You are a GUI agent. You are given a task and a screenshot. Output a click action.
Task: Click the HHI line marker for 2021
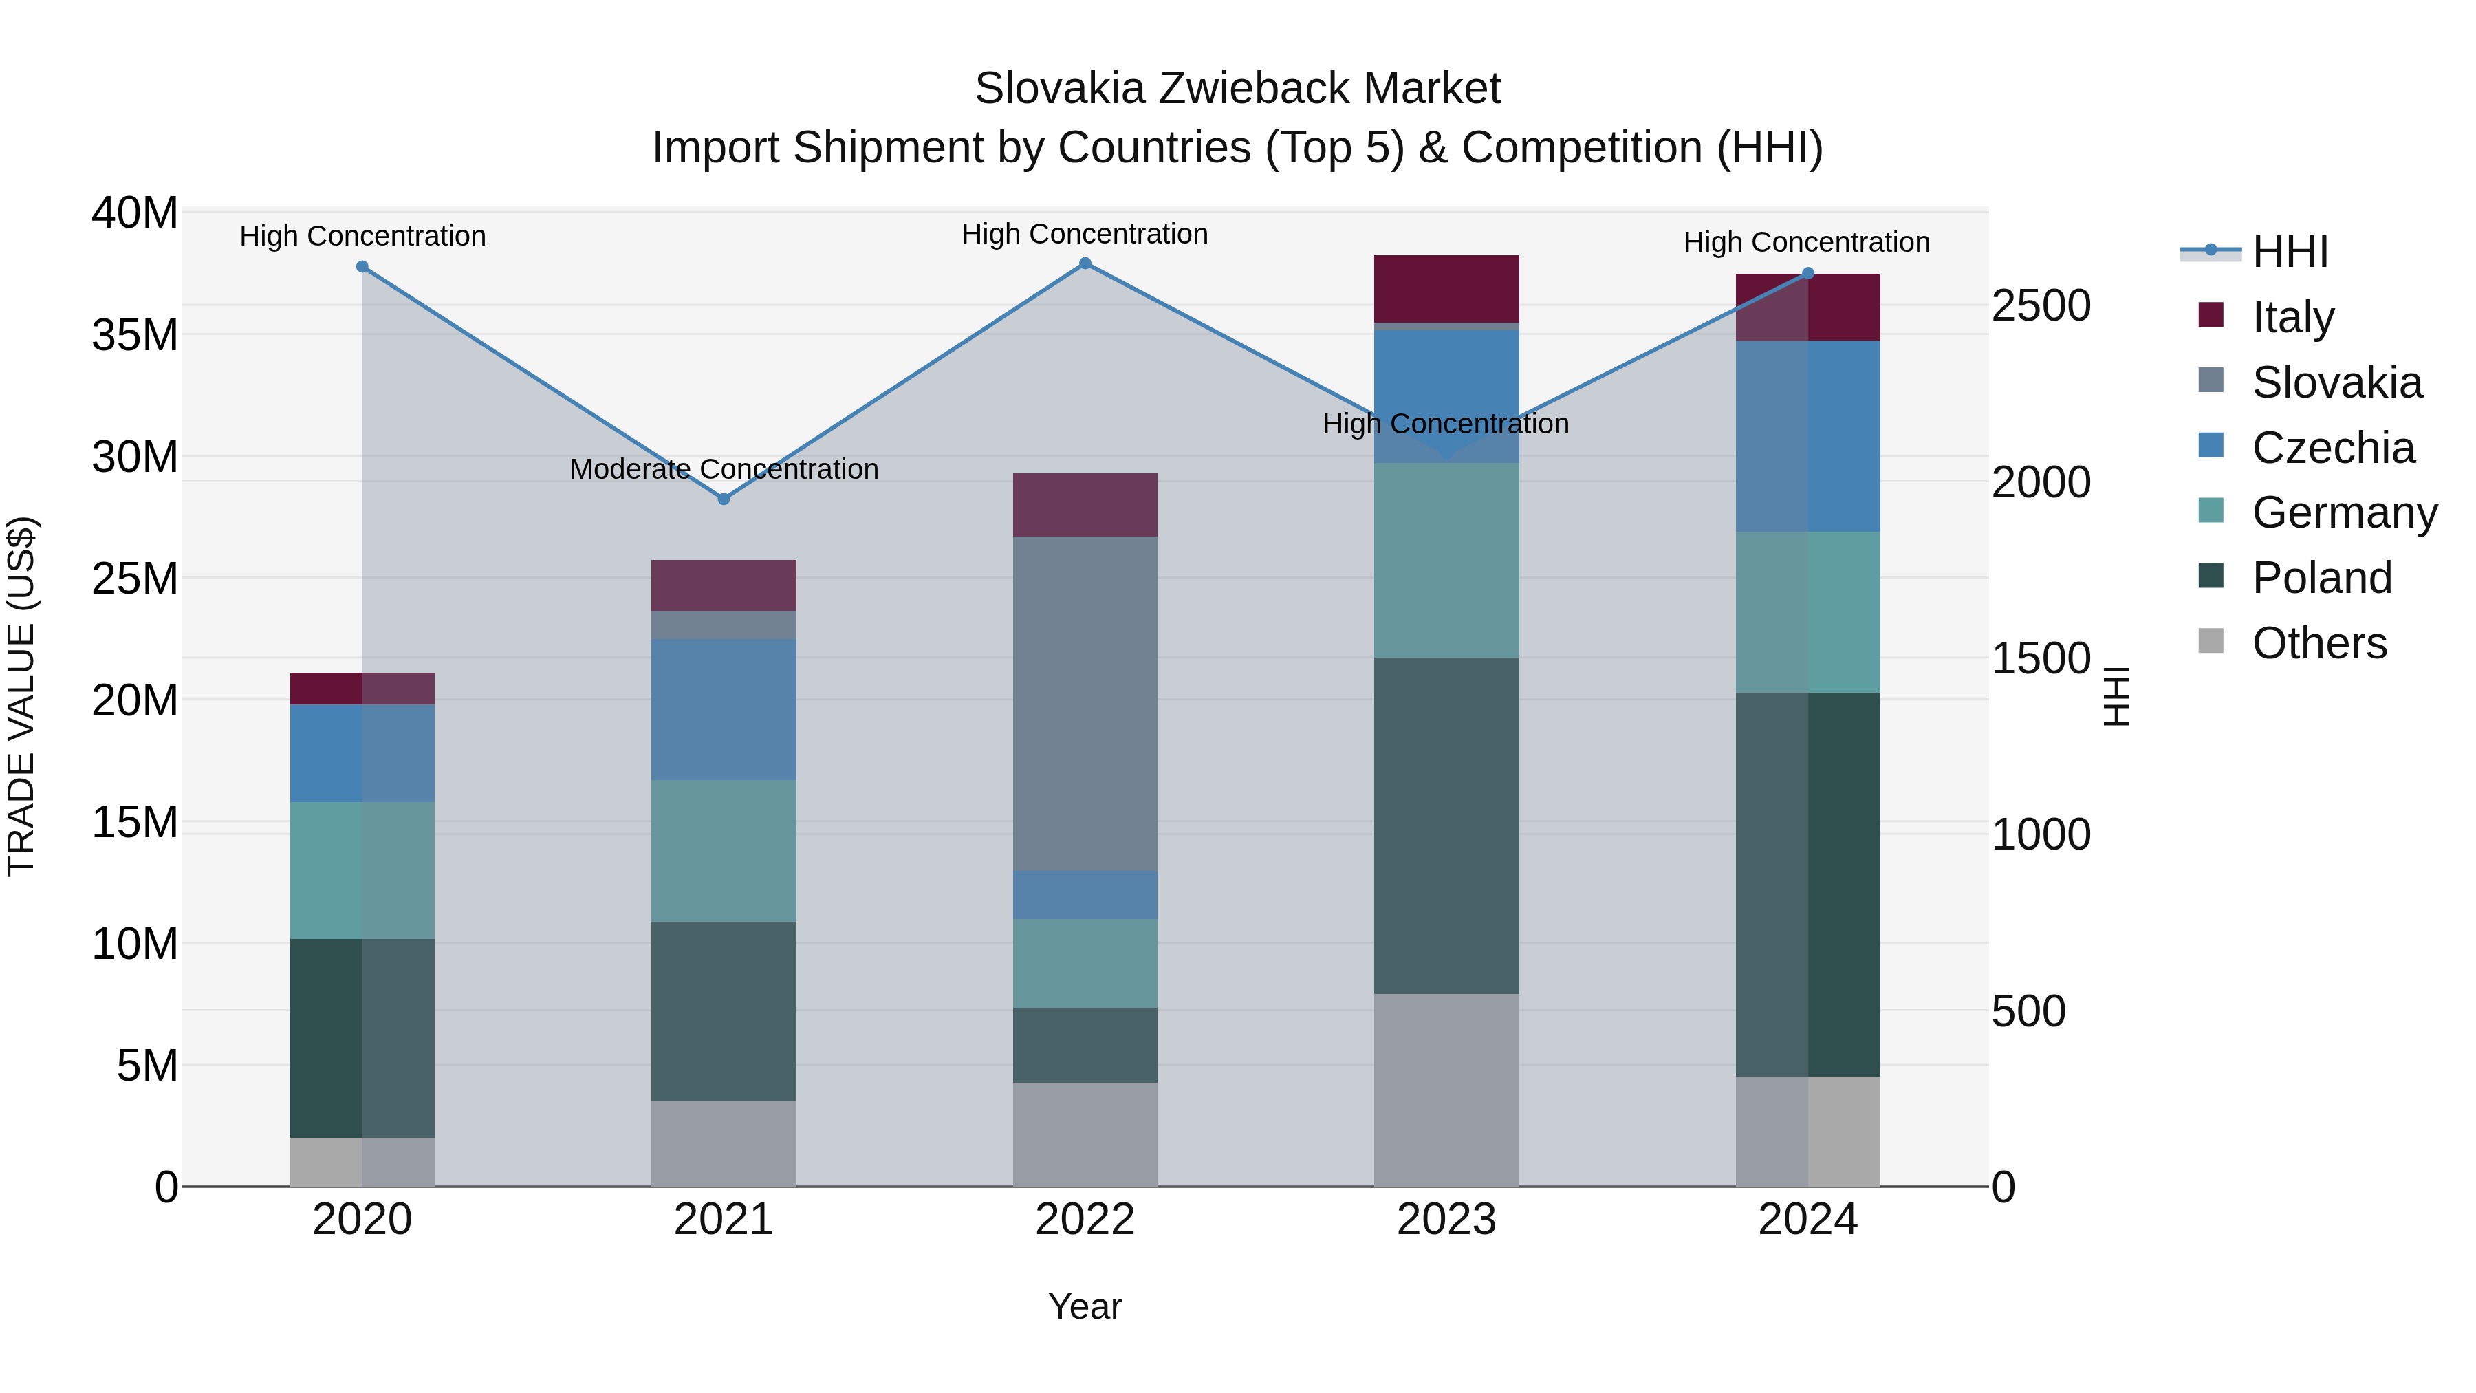coord(724,499)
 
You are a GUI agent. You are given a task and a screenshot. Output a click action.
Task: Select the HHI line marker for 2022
coord(1085,263)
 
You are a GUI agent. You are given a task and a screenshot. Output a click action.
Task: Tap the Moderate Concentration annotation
coord(724,469)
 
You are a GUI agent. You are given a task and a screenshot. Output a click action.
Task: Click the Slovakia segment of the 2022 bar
coord(1085,704)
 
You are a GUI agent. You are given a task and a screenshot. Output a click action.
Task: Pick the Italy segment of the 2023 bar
coord(1446,288)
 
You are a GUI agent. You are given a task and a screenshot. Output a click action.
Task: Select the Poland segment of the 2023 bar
coord(1446,825)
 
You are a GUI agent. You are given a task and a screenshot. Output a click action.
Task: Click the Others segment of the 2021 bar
coord(724,1143)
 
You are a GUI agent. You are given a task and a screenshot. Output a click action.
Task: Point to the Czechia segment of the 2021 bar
coord(724,709)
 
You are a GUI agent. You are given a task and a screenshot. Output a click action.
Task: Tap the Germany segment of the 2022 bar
coord(1085,962)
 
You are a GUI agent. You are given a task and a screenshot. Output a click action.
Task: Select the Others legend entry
coord(2318,643)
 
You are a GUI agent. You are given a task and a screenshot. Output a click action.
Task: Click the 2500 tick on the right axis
coord(2040,305)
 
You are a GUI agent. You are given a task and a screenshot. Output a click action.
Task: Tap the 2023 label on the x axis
coord(1446,1220)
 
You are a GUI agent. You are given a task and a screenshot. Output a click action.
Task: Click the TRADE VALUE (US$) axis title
coord(21,696)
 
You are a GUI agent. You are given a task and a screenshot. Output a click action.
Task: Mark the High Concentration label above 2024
coord(1806,242)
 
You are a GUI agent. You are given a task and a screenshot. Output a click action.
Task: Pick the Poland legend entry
coord(2321,578)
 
